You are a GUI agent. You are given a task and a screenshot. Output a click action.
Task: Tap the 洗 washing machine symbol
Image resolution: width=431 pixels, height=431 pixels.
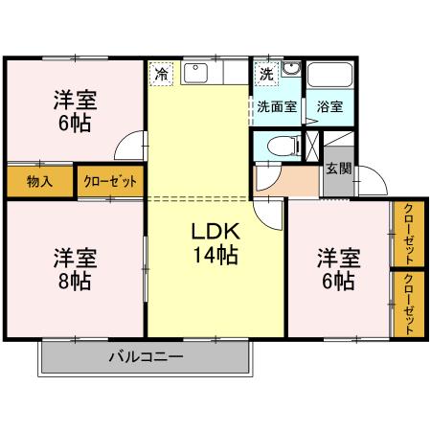pos(265,72)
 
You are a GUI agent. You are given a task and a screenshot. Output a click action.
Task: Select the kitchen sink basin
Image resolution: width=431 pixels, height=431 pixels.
pos(196,72)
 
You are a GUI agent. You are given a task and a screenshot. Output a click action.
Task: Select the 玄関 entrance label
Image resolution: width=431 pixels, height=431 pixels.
pos(338,169)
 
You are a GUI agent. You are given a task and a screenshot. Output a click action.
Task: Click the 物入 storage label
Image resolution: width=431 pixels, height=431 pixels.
pos(39,180)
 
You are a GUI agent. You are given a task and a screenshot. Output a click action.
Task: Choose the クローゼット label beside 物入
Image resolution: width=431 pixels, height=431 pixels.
pos(111,180)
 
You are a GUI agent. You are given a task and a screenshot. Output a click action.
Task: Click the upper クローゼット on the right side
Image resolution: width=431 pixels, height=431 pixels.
pos(407,234)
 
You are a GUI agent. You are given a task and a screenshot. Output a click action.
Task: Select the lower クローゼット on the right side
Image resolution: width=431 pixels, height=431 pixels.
pos(407,304)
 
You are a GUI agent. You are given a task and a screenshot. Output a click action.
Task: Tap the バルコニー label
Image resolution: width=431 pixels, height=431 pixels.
pos(145,356)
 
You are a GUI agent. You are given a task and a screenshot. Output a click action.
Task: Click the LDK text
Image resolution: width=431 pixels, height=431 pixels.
pos(215,233)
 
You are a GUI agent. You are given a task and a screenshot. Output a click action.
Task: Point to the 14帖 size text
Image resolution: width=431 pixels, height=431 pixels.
pos(215,256)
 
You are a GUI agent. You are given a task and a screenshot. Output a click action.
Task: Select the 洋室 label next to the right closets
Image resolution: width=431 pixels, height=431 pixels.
pos(338,258)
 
